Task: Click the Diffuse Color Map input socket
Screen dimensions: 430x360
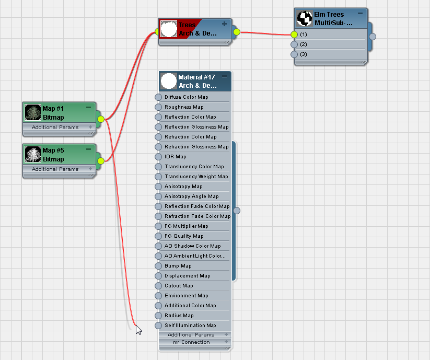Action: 158,97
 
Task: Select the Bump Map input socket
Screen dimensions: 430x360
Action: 158,266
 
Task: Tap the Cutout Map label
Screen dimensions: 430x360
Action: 179,286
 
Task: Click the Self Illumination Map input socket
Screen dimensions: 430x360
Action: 158,326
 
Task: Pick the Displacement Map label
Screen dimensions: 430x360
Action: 187,276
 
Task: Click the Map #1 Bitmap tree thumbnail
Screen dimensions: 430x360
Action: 33,112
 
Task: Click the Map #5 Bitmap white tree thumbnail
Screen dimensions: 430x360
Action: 33,154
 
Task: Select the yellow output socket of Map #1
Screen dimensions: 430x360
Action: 101,119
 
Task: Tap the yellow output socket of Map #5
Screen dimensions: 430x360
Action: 101,161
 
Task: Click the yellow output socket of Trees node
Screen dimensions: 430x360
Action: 237,32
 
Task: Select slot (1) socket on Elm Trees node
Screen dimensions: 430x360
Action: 294,34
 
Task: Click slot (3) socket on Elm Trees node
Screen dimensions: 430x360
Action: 294,54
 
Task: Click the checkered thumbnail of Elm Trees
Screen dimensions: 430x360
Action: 305,18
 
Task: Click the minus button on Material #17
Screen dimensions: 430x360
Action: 224,76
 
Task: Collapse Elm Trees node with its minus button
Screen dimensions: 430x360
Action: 361,13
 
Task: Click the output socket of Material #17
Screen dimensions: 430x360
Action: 237,211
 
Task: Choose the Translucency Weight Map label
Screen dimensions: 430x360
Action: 196,177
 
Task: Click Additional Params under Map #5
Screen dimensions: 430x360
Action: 55,169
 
